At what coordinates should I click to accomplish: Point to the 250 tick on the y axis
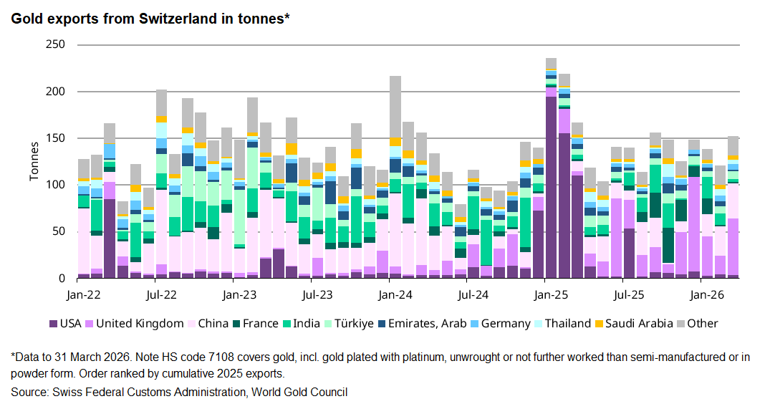[56, 45]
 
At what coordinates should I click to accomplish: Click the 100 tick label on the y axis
[56, 185]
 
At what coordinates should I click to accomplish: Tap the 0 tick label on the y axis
[62, 278]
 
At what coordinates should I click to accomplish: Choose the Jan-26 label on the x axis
[706, 294]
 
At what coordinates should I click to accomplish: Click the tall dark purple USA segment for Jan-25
[551, 186]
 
